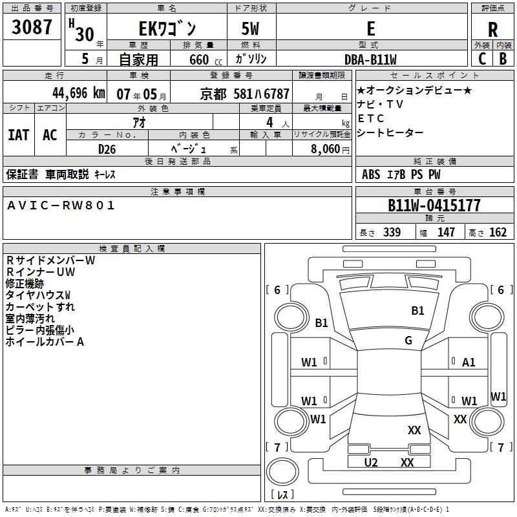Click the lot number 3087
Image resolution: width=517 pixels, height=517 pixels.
pyautogui.click(x=32, y=28)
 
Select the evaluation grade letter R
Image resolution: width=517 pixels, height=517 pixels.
pyautogui.click(x=492, y=30)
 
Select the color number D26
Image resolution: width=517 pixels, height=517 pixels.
pyautogui.click(x=107, y=149)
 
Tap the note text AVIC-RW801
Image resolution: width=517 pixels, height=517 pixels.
pyautogui.click(x=61, y=206)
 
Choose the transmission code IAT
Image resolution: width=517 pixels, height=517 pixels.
pyautogui.click(x=18, y=134)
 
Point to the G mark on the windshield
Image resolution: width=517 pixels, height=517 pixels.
pyautogui.click(x=408, y=340)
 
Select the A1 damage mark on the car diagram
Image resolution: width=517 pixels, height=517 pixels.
pyautogui.click(x=469, y=363)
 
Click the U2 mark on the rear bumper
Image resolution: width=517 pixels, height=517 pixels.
pyautogui.click(x=371, y=462)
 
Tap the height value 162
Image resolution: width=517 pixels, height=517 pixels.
pyautogui.click(x=498, y=233)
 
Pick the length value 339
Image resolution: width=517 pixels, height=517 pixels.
pyautogui.click(x=392, y=233)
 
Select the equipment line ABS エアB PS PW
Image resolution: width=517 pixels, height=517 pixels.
pyautogui.click(x=401, y=174)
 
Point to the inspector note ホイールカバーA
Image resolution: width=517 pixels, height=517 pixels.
pyautogui.click(x=45, y=342)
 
